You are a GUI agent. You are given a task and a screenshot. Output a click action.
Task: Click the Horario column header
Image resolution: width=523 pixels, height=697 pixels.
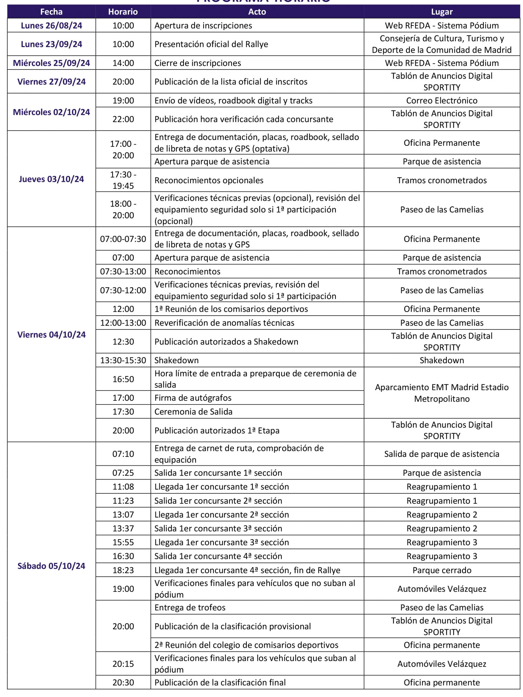(123, 12)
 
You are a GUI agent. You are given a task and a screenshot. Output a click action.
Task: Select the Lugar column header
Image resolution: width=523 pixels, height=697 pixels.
(441, 12)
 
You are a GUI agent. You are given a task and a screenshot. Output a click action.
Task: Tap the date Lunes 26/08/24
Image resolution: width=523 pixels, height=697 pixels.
(51, 26)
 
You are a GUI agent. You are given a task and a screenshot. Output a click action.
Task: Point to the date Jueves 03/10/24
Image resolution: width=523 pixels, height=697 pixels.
(51, 179)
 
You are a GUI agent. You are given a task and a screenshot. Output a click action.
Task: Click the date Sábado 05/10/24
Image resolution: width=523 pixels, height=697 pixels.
(51, 566)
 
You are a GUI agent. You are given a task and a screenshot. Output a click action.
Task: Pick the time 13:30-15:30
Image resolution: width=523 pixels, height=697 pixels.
(123, 360)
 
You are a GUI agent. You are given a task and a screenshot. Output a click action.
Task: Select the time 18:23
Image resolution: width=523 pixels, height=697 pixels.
(123, 570)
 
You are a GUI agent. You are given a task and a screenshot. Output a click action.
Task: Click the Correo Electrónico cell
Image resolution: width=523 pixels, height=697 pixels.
(441, 100)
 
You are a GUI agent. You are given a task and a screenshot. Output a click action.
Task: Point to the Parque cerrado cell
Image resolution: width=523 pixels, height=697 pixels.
(441, 570)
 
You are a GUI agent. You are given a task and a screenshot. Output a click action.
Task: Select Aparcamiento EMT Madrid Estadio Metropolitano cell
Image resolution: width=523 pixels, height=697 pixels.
(441, 393)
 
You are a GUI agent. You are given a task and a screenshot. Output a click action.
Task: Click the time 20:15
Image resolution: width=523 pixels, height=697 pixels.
(123, 664)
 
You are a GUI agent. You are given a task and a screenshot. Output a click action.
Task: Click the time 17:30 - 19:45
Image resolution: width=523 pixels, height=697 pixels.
(123, 180)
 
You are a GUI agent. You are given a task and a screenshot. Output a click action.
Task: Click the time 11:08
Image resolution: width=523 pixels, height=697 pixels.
(123, 487)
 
